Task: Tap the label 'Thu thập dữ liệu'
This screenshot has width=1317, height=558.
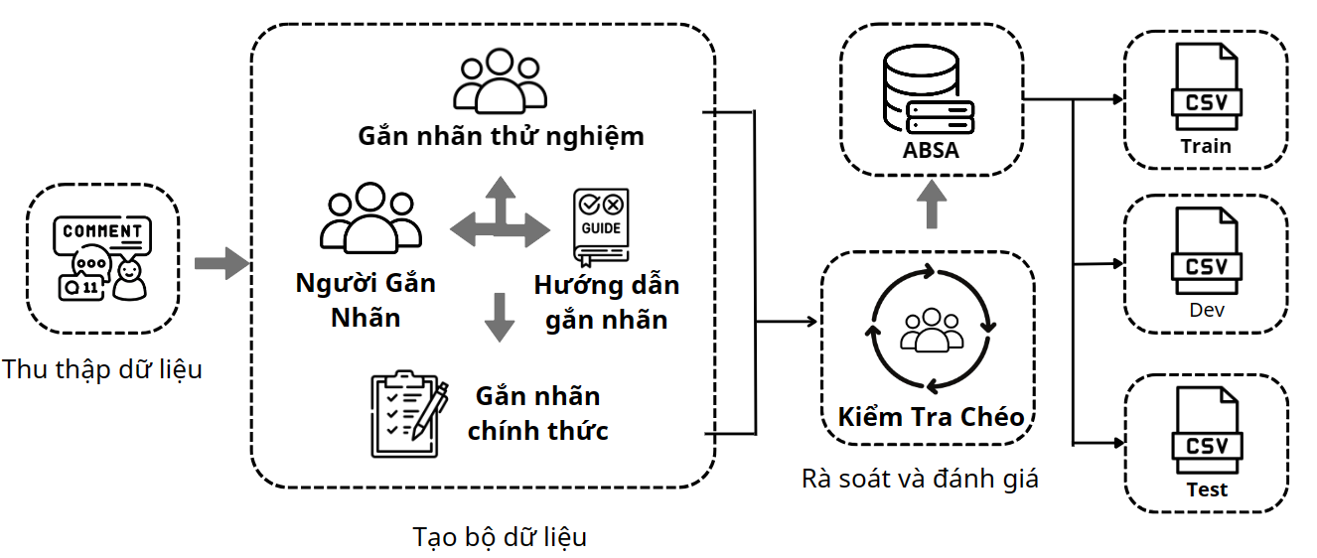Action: click(x=102, y=370)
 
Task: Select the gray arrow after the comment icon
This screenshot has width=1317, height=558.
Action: click(x=219, y=264)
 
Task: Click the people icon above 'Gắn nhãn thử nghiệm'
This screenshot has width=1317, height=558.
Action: click(x=500, y=80)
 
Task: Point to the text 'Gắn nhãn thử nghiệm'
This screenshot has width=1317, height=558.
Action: click(x=501, y=135)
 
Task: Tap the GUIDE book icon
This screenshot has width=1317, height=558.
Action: click(x=600, y=227)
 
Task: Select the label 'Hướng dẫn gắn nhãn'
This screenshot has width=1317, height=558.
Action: click(x=606, y=302)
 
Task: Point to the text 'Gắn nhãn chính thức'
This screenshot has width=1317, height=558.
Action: click(x=537, y=413)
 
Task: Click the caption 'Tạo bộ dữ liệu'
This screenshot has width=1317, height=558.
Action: click(x=500, y=537)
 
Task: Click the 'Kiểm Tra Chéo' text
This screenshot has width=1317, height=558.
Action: click(x=931, y=416)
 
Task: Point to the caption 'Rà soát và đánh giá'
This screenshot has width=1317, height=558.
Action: click(x=920, y=479)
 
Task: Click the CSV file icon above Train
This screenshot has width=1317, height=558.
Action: click(x=1206, y=89)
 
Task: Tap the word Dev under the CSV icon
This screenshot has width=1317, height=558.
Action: click(x=1206, y=310)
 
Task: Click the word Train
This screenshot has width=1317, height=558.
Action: click(x=1206, y=146)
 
